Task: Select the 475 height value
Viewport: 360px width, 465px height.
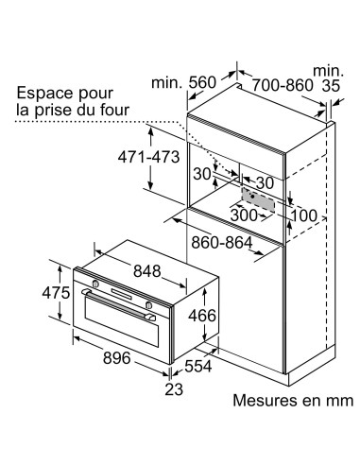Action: [57, 293]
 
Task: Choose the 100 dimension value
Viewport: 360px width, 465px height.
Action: [304, 214]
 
